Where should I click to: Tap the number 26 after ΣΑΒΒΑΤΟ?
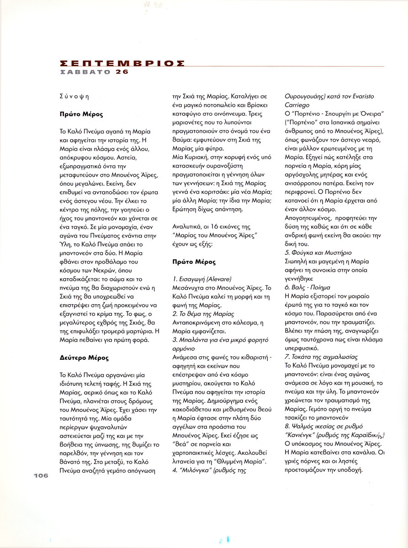pos(122,72)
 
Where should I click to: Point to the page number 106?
pos(40,475)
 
